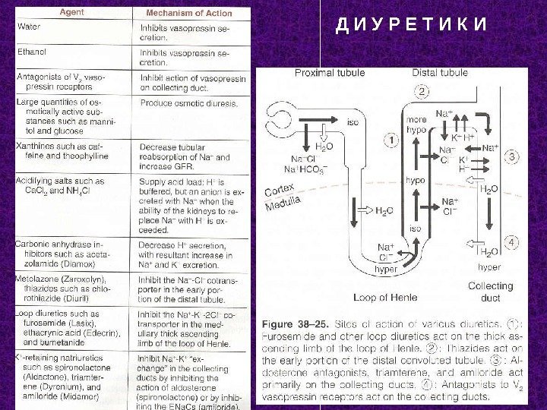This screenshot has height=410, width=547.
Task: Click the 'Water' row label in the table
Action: coord(29,27)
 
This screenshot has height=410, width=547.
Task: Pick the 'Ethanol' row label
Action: coord(32,52)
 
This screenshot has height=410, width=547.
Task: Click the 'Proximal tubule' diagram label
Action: coord(329,73)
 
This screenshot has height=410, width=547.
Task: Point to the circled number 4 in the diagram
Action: coord(514,242)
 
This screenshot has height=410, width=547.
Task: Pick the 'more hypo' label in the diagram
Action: coord(417,125)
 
